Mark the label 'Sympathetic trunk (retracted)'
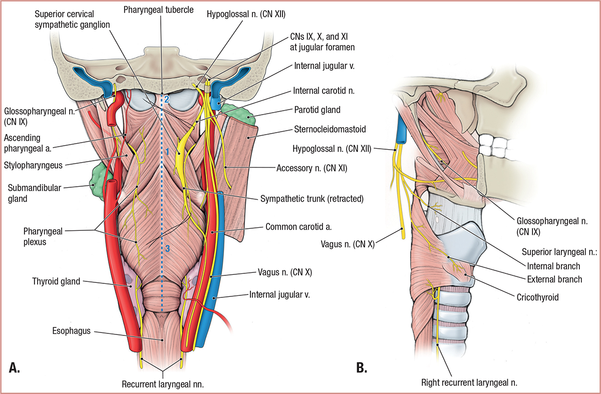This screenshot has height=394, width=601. coord(311,198)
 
